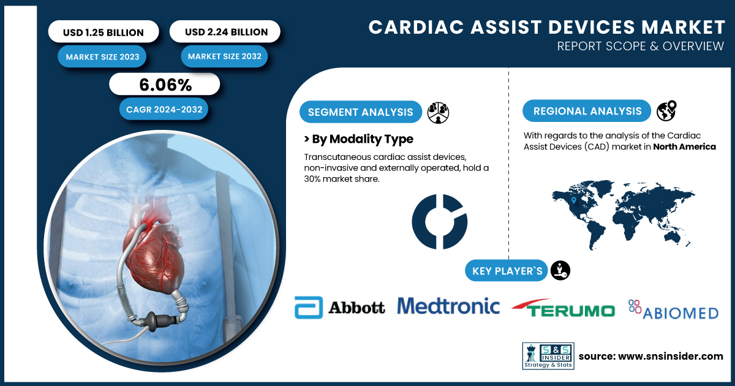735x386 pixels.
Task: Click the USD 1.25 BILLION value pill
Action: point(104,32)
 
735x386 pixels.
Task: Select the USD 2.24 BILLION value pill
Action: point(225,31)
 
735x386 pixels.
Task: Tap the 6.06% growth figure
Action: point(165,85)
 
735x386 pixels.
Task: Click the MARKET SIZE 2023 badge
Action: point(102,57)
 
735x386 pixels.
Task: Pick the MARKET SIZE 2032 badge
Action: point(224,56)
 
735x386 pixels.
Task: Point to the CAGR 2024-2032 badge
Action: point(164,109)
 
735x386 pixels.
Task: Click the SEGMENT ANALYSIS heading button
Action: point(361,112)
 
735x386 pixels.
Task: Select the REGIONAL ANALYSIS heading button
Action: point(587,111)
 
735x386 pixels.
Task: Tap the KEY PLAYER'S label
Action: point(507,271)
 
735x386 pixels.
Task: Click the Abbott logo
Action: point(339,308)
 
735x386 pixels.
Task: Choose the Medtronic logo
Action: point(448,306)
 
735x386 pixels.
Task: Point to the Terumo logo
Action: point(563,308)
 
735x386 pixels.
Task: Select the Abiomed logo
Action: point(673,309)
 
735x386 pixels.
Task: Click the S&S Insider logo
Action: point(548,356)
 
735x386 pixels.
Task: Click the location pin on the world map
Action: point(573,200)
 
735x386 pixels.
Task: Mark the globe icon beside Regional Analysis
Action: point(666,111)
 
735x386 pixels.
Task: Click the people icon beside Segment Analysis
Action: point(438,113)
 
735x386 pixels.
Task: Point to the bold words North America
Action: point(685,146)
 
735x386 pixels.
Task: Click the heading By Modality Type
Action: point(359,139)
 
